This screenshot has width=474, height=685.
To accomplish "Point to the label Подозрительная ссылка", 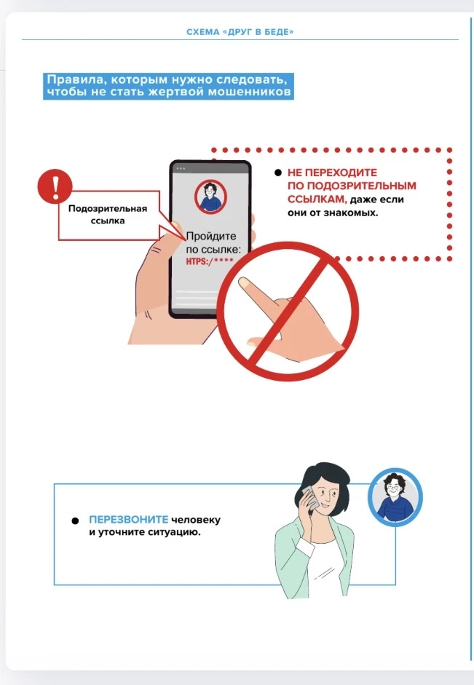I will click(108, 215).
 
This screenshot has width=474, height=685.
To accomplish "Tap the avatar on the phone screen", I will click(210, 197).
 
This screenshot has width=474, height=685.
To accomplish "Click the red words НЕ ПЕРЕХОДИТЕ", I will click(332, 173).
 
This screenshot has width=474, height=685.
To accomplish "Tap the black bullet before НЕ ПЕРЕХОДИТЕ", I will click(277, 173).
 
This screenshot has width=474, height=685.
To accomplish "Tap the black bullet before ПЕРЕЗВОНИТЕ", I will click(75, 520).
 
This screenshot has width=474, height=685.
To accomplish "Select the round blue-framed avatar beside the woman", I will click(395, 496).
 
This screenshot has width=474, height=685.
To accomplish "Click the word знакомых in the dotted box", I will click(358, 212).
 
